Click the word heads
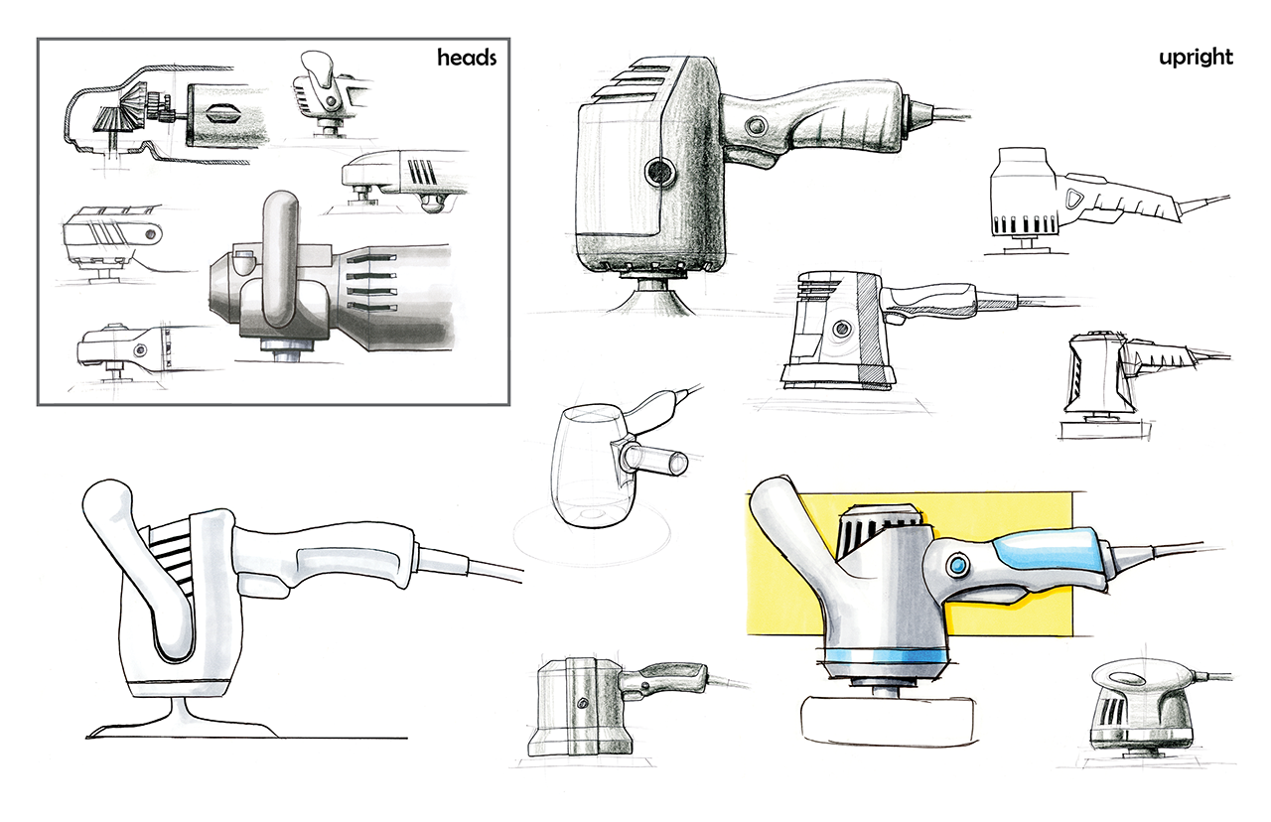(467, 58)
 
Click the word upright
(1196, 58)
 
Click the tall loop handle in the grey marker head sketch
(277, 258)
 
